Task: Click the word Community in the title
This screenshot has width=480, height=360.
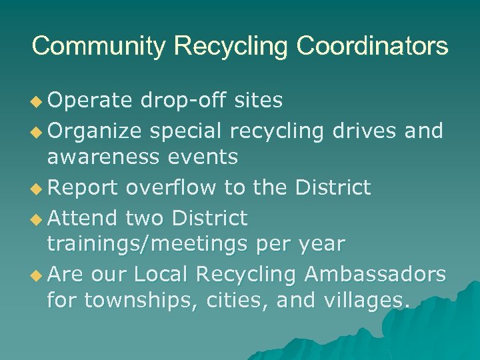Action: (x=99, y=47)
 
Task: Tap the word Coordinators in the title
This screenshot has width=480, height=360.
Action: (x=373, y=47)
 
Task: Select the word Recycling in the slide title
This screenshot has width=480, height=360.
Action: (x=231, y=47)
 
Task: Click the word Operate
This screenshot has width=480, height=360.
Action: (x=90, y=100)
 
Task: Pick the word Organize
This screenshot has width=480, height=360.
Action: (x=95, y=131)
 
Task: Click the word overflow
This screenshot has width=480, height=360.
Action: (x=171, y=188)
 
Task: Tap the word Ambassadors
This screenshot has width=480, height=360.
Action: (x=375, y=274)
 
